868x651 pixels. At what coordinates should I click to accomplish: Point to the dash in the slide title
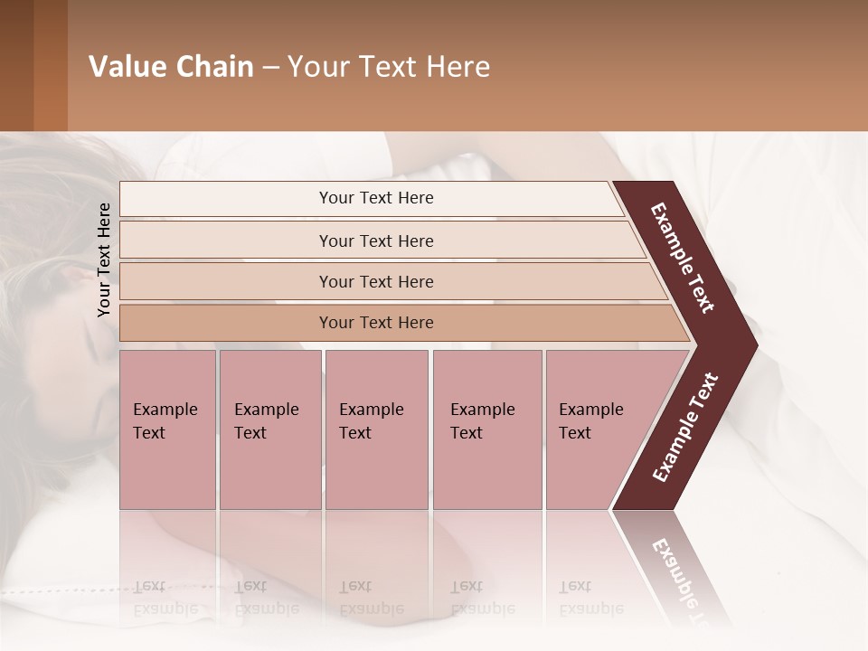pos(271,67)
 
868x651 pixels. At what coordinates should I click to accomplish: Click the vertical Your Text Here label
pos(104,259)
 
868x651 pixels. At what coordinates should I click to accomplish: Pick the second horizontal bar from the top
pos(375,241)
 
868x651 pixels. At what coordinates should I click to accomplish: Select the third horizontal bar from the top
pos(375,281)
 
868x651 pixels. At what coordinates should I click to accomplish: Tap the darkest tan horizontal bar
pos(375,323)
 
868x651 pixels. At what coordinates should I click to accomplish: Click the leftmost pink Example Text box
pos(167,429)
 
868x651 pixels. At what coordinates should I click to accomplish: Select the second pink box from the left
pos(269,429)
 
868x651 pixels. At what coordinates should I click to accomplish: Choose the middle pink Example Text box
pos(376,429)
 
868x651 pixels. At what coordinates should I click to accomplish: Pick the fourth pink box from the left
pos(486,429)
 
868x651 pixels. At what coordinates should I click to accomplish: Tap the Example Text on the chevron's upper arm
pos(683,258)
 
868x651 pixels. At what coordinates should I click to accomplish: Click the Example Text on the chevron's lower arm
pos(684,428)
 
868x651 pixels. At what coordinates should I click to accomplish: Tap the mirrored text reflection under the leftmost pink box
pos(165,597)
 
